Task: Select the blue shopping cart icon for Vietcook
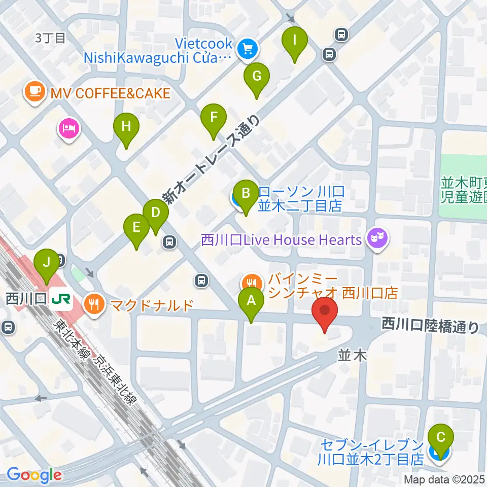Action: [248, 49]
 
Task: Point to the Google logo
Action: [33, 475]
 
